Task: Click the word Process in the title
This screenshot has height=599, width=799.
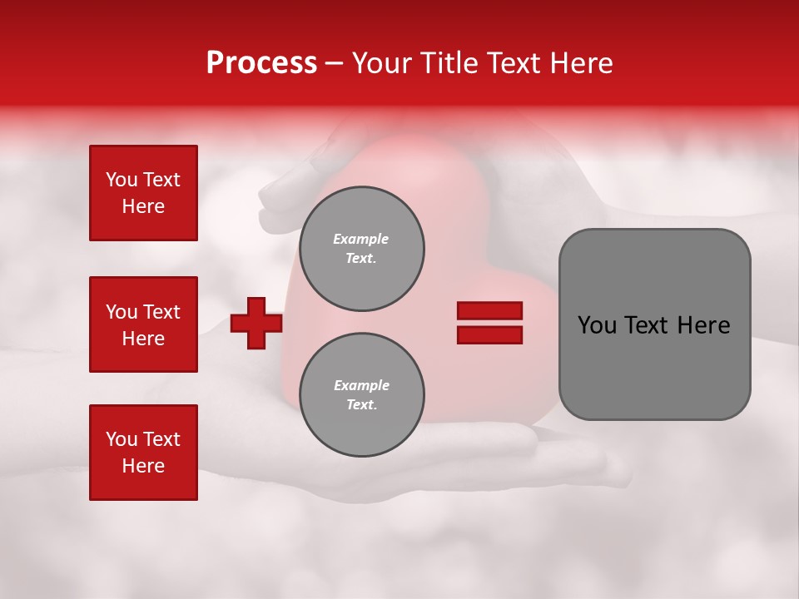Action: tap(261, 63)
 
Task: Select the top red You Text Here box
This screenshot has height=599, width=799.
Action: tap(143, 193)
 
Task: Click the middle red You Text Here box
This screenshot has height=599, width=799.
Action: tap(143, 324)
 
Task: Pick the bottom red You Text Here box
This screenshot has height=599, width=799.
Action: tap(143, 453)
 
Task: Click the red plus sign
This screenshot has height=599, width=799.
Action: tap(256, 323)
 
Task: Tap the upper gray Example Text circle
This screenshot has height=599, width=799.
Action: tap(361, 249)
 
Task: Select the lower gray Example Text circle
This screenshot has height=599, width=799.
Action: tap(361, 395)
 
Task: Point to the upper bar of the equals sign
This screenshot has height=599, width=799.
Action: tap(489, 310)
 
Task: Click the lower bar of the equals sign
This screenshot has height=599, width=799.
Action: tap(489, 335)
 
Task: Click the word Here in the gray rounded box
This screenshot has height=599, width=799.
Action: tap(703, 325)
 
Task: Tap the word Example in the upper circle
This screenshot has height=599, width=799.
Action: tap(361, 239)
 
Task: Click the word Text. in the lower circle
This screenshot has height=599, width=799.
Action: tap(361, 405)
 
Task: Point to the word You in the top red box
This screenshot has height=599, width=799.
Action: tap(121, 180)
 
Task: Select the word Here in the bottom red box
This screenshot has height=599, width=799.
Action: tap(143, 466)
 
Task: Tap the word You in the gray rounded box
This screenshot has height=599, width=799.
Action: tap(596, 325)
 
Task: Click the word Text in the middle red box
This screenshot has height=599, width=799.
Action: tap(161, 312)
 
